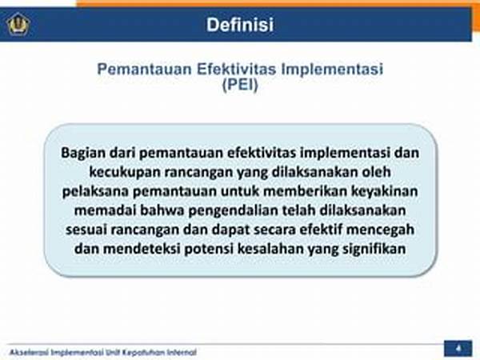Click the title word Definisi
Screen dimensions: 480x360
(240, 25)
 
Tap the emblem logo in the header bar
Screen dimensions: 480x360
(18, 25)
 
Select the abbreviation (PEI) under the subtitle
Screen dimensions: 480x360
(240, 85)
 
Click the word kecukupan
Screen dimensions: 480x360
(125, 172)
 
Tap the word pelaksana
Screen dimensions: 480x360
(95, 191)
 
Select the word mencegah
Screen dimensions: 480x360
(380, 230)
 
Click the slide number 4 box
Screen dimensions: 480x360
(458, 348)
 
